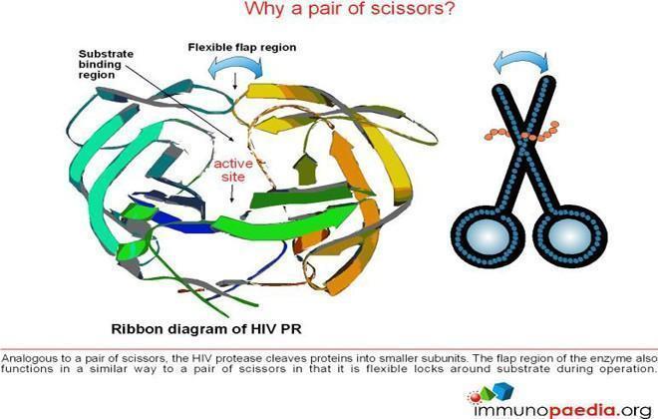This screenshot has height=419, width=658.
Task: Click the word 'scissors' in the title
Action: point(403,9)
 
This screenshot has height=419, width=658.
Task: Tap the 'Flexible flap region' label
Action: point(242,48)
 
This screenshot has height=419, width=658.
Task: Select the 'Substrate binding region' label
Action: point(106,64)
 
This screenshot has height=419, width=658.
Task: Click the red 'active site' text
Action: point(233,170)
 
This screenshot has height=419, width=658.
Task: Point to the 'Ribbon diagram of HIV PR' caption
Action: point(206,329)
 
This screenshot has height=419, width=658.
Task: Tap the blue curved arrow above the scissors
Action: point(520,59)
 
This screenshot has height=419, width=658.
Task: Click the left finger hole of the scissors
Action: point(488,236)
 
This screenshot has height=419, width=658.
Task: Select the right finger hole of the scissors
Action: point(569,236)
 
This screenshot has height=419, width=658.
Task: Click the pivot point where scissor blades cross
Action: point(524,139)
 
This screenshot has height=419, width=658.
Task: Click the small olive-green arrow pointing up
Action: point(305,169)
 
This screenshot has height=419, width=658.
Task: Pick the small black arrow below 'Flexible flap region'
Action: point(235,81)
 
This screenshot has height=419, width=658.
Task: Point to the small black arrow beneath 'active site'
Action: point(231,195)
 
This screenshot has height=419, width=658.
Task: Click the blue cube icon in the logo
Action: point(503,390)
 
